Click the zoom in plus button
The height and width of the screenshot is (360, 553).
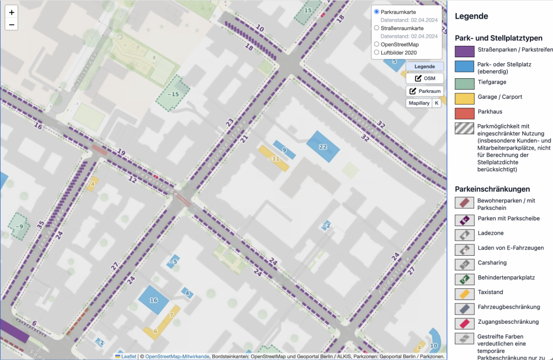[12, 12]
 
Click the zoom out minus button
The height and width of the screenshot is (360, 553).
[12, 24]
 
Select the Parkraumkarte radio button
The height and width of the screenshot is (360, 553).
[377, 11]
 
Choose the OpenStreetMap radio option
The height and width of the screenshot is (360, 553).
[377, 44]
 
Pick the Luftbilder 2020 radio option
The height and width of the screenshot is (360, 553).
[377, 53]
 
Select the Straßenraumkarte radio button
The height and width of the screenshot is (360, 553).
[377, 28]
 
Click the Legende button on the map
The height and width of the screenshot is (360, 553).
[424, 66]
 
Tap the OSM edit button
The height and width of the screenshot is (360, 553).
[424, 78]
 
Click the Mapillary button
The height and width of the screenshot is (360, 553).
[419, 103]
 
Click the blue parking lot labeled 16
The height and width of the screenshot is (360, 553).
[153, 300]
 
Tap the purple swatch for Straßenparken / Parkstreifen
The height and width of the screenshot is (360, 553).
[464, 52]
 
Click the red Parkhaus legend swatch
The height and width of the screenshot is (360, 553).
[464, 113]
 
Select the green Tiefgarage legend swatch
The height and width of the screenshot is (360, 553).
[464, 84]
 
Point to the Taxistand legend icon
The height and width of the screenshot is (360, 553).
[464, 294]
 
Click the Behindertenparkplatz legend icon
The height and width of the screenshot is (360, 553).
[464, 279]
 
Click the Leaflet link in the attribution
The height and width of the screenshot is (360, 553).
[128, 356]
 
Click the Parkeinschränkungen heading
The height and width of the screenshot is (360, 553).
[493, 189]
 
